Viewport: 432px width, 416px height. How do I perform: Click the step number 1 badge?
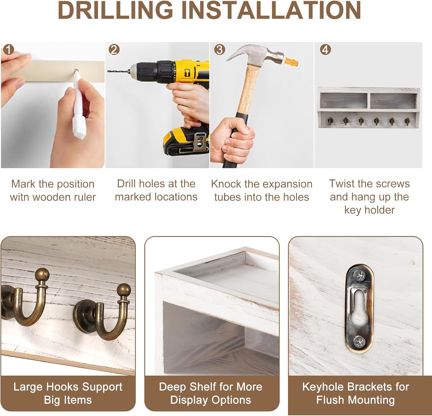coord(9,50)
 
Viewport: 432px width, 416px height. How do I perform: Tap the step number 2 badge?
coord(114,50)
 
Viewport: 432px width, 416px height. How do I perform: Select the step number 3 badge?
coord(219,50)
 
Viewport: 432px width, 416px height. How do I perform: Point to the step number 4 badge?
coord(325,50)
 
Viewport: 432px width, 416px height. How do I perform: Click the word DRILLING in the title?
coord(115,10)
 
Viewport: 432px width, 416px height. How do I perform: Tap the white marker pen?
coord(78,104)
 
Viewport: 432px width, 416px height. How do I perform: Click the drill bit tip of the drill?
coord(108,71)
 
